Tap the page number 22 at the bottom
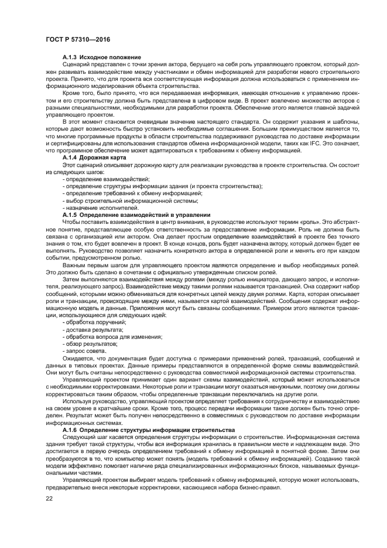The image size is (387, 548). (x=49, y=498)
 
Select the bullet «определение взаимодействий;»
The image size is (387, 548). (x=106, y=179)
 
